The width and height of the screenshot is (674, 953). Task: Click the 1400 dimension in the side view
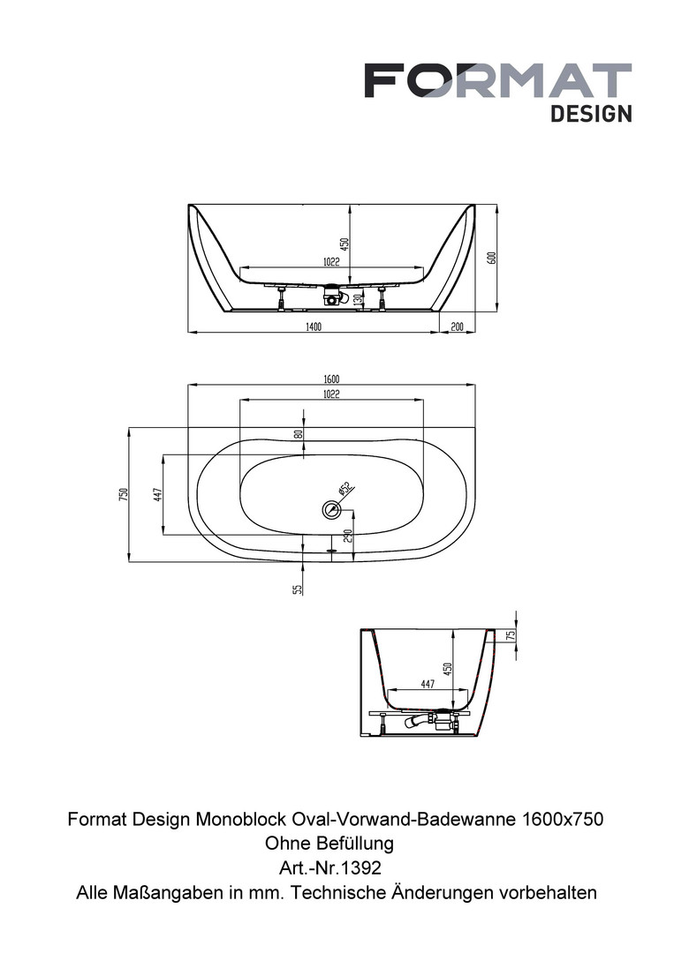coord(313,327)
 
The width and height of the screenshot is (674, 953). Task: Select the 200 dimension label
coord(457,327)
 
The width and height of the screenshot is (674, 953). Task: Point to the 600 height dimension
coord(493,258)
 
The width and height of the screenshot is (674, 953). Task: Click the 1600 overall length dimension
coord(331,379)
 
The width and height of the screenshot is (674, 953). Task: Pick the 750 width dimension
coord(124,494)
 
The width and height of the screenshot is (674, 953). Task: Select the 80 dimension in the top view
coord(298,434)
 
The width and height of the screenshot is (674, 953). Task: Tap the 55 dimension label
coord(298,589)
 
